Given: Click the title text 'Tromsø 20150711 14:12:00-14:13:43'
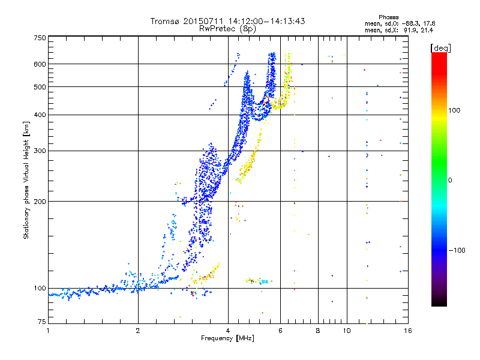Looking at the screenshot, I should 228,21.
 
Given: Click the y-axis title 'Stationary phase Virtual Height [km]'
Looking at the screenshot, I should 26,179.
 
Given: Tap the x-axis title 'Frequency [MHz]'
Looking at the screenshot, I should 228,339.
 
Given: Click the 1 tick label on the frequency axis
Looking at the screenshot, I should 49,330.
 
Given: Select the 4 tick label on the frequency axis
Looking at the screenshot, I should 228,330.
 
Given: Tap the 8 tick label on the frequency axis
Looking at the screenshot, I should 318,330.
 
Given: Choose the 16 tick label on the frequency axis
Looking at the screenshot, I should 407,330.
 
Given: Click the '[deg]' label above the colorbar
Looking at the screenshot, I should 441,47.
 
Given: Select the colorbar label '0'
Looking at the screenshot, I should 450,180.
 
